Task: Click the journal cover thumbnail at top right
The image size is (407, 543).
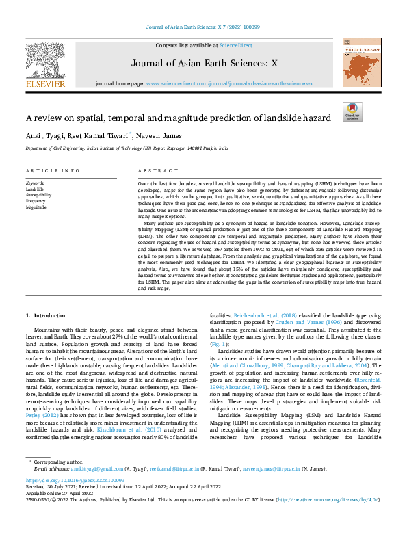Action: coord(362,62)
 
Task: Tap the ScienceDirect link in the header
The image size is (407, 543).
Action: coord(235,44)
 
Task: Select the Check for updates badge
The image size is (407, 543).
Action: coord(352,111)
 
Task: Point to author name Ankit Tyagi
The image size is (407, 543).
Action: coord(43,135)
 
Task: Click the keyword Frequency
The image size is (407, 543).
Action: coord(36,201)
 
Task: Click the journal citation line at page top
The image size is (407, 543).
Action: coord(203,27)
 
